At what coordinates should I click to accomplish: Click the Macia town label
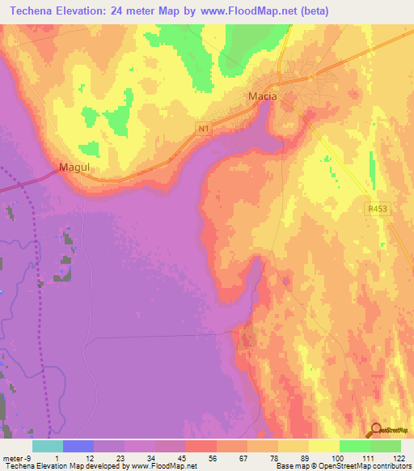[261, 97]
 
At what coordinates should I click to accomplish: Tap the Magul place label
[73, 168]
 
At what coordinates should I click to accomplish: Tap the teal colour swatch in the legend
[48, 446]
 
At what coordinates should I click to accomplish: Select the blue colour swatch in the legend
[78, 446]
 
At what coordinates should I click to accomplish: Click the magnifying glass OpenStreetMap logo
[375, 430]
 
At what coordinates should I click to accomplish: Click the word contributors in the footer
[391, 466]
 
